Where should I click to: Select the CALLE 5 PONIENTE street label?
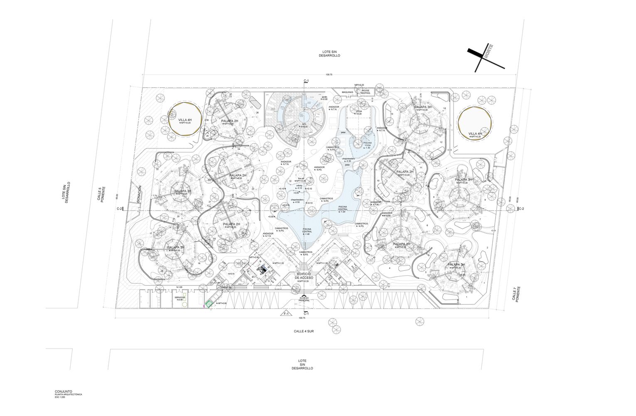coord(101,194)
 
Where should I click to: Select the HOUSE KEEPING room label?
coord(365,92)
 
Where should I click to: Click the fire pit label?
coord(301,179)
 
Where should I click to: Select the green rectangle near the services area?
coord(210,304)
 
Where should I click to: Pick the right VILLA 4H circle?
coord(475,123)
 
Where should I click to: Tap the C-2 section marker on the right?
coord(521,209)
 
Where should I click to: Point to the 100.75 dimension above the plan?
coord(329,74)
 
